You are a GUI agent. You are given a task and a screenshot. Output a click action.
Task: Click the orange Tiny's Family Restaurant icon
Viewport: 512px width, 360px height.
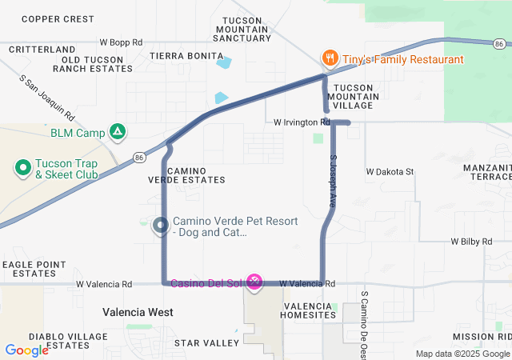click(x=329, y=58)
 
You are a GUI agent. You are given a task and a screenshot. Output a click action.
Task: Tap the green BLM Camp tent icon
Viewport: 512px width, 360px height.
click(x=118, y=132)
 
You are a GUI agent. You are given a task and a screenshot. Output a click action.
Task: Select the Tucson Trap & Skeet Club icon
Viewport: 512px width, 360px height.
click(x=22, y=168)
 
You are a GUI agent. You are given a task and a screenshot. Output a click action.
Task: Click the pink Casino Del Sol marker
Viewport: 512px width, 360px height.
click(x=254, y=281)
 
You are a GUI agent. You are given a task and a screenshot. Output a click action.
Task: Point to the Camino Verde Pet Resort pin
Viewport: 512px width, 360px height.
click(x=160, y=226)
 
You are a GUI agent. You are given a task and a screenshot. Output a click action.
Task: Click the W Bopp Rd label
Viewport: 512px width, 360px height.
click(x=121, y=42)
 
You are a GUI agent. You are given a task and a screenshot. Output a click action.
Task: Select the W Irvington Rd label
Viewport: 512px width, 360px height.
click(x=301, y=122)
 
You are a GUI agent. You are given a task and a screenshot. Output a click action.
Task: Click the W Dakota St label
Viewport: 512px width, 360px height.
click(x=390, y=171)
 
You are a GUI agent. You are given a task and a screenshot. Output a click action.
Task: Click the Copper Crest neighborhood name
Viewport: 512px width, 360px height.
click(x=58, y=18)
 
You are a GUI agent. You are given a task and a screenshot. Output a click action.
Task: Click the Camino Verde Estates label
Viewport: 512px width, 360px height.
click(x=177, y=175)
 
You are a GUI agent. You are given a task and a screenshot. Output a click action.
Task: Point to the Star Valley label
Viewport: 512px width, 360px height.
click(x=207, y=343)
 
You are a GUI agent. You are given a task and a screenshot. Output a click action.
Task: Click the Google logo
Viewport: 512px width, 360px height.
click(x=26, y=350)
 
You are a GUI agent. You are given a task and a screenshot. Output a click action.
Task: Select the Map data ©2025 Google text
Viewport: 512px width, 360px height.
click(x=462, y=354)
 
